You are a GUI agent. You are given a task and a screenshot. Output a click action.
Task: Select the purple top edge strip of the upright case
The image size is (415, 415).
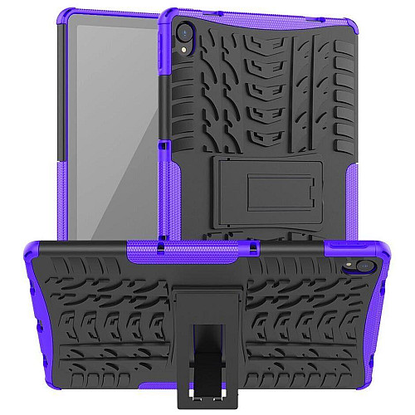pos(249,12)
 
